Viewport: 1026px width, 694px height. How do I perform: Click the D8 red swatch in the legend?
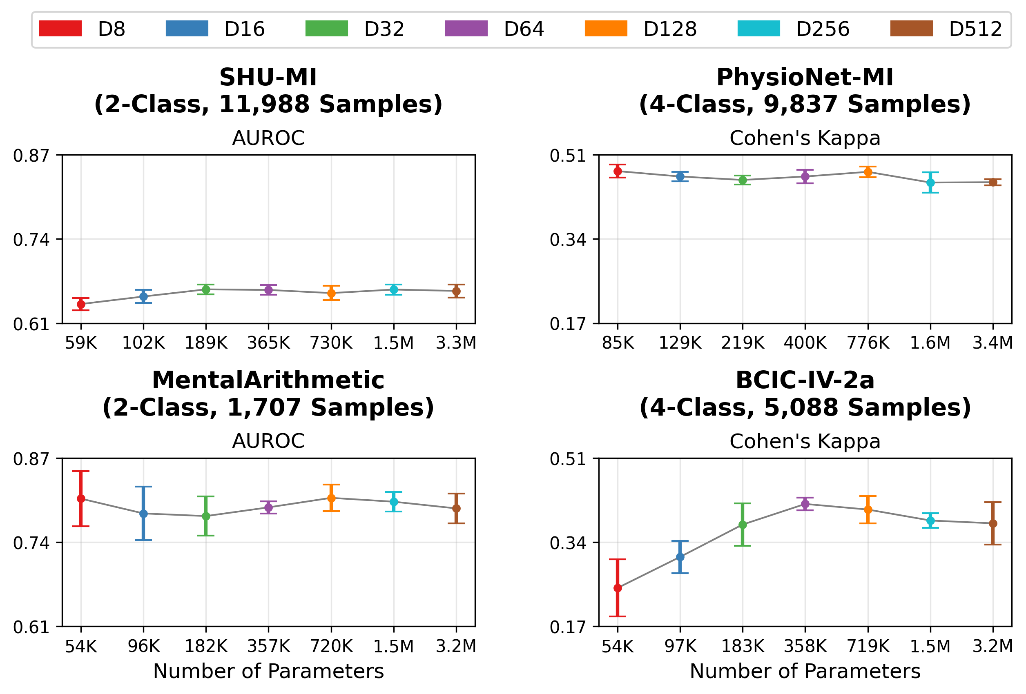[x=60, y=28]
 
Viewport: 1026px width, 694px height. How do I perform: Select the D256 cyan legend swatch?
[x=758, y=28]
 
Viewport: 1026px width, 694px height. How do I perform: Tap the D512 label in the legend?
[x=975, y=29]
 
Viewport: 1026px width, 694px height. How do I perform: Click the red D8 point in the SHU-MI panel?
[x=81, y=304]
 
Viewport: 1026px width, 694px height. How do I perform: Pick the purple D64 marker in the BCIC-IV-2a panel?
[x=805, y=504]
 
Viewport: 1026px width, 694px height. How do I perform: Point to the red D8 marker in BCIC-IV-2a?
[x=618, y=588]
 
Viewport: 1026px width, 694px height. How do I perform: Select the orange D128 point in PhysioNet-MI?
[x=868, y=172]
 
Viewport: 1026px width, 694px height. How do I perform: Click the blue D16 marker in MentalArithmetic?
[x=143, y=514]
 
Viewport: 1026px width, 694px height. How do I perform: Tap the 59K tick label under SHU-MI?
[x=81, y=343]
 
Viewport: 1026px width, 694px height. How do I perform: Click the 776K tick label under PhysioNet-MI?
[x=868, y=343]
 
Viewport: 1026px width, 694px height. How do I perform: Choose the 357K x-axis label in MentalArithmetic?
[x=268, y=646]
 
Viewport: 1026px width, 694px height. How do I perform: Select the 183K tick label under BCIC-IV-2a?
[x=743, y=646]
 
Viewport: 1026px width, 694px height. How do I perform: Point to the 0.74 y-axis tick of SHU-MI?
[x=31, y=240]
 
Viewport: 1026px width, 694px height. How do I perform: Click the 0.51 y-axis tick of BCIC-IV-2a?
[x=568, y=459]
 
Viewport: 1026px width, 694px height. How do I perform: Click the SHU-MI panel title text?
[x=268, y=78]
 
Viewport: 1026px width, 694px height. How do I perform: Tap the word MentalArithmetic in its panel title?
[x=268, y=380]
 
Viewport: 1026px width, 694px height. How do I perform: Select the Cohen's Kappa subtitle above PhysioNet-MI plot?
[x=805, y=138]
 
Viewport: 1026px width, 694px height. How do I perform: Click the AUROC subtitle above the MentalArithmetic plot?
[x=268, y=441]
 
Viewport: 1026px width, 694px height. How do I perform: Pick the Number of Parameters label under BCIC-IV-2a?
[x=805, y=671]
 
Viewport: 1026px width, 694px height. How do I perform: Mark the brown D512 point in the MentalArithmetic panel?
[x=456, y=508]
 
